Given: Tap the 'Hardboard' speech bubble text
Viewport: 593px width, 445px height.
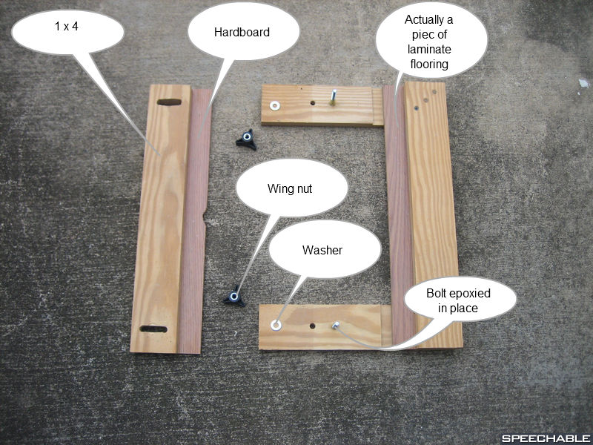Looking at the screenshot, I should (242, 33).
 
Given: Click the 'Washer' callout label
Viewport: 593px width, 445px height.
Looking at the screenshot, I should (322, 251).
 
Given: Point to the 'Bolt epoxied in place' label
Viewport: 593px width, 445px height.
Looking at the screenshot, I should (459, 300).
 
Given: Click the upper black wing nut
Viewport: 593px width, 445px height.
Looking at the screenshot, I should (245, 139).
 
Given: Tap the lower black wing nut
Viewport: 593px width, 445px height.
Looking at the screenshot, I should (234, 296).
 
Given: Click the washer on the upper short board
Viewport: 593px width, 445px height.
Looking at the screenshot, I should (276, 105).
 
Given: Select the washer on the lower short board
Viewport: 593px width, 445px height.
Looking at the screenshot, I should (276, 324).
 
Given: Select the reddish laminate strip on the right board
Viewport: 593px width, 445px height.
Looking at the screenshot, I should (395, 215).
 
